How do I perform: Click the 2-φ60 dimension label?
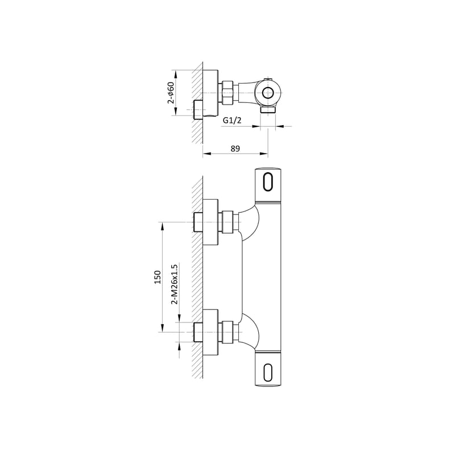171,93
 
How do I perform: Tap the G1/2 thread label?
232,120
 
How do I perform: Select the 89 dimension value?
235,148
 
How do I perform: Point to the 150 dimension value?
158,277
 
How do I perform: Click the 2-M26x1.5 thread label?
175,284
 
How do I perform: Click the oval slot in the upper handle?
268,182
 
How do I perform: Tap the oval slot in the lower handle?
268,372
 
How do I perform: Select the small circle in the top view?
268,93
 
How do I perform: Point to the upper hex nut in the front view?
227,222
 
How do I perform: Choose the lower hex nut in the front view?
227,332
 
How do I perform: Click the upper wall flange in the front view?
210,222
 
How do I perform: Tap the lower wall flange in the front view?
210,332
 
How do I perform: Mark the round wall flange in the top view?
211,93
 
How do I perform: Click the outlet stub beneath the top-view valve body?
268,110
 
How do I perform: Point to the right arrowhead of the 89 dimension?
264,154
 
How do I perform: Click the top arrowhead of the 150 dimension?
162,226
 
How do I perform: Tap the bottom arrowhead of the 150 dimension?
162,328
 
